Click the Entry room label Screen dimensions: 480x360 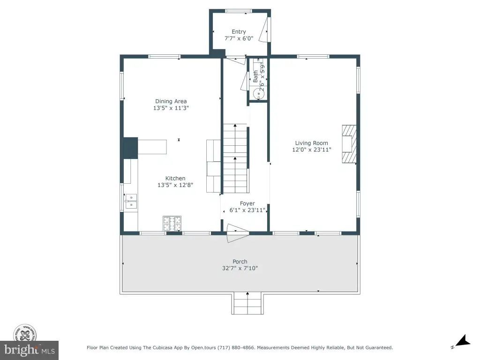click(x=239, y=31)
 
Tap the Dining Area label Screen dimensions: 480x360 click(x=171, y=101)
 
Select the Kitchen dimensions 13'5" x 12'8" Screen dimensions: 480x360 click(x=175, y=185)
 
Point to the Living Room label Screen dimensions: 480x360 click(x=311, y=143)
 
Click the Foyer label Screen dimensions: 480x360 click(x=247, y=203)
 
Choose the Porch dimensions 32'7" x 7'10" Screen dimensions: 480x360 click(x=240, y=268)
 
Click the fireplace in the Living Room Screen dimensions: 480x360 click(x=349, y=144)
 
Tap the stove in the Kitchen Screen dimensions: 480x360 click(x=172, y=224)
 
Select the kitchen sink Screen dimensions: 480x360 click(x=131, y=202)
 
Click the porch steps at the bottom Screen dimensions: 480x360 click(x=247, y=303)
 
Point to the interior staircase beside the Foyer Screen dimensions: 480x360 click(x=235, y=158)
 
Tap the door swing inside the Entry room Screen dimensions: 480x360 click(x=263, y=30)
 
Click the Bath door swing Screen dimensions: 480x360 click(x=244, y=81)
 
